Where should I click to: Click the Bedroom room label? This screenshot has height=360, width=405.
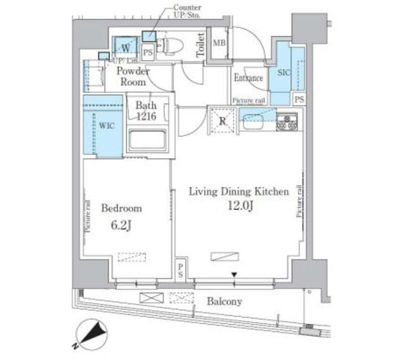pyautogui.click(x=121, y=208)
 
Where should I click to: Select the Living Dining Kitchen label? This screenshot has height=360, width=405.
pyautogui.click(x=239, y=191)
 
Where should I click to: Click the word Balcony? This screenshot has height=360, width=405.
pyautogui.click(x=225, y=302)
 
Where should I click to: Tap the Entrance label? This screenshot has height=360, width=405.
pyautogui.click(x=249, y=78)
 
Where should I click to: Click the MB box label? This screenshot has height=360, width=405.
pyautogui.click(x=218, y=43)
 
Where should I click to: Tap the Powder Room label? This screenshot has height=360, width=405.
pyautogui.click(x=134, y=77)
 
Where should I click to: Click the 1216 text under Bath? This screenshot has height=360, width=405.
pyautogui.click(x=146, y=116)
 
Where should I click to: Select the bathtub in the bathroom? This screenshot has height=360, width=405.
pyautogui.click(x=147, y=140)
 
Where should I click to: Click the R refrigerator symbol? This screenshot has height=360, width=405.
pyautogui.click(x=223, y=120)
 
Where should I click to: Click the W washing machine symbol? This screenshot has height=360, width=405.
pyautogui.click(x=125, y=47)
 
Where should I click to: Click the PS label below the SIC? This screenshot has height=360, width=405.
pyautogui.click(x=299, y=99)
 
